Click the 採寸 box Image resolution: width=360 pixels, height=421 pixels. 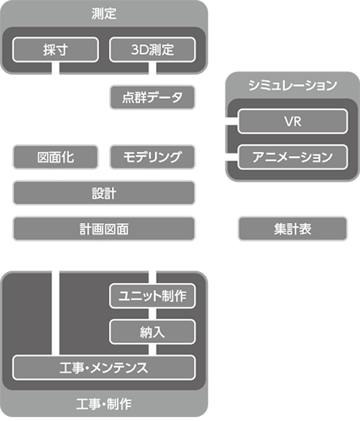coord(55,50)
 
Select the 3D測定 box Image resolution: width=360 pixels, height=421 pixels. coord(153,50)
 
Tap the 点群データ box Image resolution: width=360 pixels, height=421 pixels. coord(153,97)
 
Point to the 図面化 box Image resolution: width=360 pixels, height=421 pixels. coord(55,157)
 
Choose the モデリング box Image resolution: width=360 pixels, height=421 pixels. coord(153,157)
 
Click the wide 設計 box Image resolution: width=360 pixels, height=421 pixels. coord(104,193)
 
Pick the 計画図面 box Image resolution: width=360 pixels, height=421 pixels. coord(104,229)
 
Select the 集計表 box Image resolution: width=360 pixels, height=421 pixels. coord(293,229)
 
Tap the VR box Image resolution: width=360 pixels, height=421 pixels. coord(293,122)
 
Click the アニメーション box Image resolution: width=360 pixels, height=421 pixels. coord(293,157)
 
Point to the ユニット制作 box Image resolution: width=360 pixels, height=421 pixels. coord(153,296)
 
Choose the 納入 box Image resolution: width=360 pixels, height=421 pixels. coord(153,332)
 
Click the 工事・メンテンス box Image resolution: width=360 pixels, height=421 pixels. coord(104,368)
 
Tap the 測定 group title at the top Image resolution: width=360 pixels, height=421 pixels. coord(104,13)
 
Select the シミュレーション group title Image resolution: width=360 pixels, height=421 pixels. coord(293,86)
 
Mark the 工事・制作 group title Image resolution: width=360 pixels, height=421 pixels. coord(104,405)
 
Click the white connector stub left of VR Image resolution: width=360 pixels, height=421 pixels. coord(231,122)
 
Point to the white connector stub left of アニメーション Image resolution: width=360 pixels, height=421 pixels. coord(231,157)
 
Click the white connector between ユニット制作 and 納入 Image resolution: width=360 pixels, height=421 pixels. coord(153,314)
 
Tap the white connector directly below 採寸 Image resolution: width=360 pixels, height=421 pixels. coord(55,68)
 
